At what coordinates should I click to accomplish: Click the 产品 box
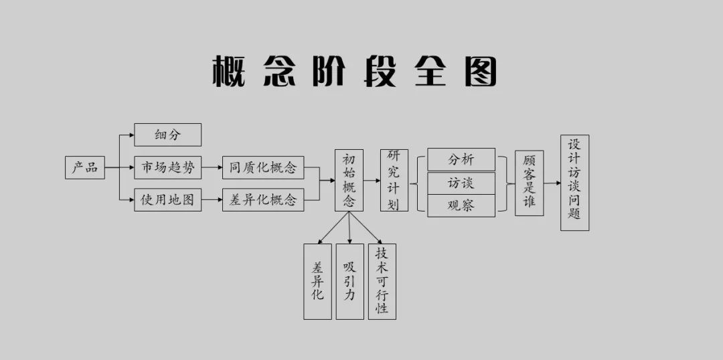coord(85,167)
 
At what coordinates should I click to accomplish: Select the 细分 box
coord(167,134)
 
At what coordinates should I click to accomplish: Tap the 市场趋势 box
coord(167,167)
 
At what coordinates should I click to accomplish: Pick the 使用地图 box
coord(167,199)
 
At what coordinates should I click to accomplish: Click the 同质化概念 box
coord(262,167)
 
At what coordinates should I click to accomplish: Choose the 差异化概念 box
coord(262,199)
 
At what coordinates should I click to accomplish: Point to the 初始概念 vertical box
coord(349,181)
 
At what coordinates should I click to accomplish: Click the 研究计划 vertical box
coord(394,181)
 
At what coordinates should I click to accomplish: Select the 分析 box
coord(461,160)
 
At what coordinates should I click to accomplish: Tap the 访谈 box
coord(461,183)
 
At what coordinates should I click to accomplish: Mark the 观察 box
coord(461,205)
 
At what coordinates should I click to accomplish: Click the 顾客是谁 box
coord(529,183)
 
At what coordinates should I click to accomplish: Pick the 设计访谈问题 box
coord(574,183)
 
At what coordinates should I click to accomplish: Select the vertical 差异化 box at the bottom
coord(317,281)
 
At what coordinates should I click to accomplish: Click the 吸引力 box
coord(349,281)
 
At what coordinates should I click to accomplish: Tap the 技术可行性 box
coord(382,281)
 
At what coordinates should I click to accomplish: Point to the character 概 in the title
coord(229,71)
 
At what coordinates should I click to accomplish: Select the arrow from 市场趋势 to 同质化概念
coord(212,167)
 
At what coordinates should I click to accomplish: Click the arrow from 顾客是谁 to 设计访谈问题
coord(552,183)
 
